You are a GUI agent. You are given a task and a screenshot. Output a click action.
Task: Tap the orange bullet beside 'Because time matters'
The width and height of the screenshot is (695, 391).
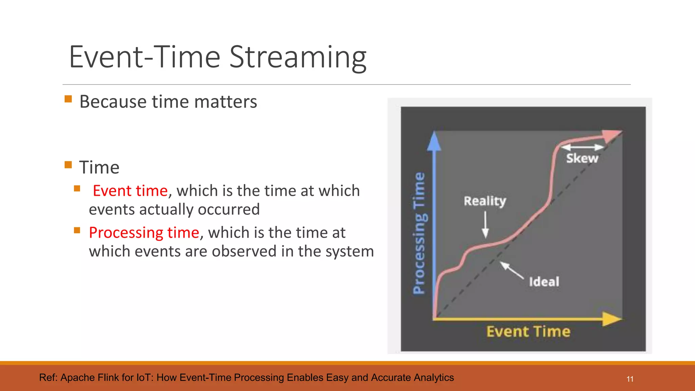pos(68,99)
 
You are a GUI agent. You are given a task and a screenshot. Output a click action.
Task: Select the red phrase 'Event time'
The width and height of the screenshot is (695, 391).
pos(130,191)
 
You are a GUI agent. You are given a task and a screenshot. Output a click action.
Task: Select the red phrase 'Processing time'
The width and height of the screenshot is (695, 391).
pos(144,233)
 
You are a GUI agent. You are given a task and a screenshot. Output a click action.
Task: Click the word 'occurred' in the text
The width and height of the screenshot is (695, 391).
pos(229,209)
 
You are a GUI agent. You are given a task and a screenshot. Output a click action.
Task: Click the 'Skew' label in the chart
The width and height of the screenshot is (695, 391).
pos(582,159)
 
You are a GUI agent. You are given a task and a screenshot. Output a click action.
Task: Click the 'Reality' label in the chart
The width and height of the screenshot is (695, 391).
pos(485,201)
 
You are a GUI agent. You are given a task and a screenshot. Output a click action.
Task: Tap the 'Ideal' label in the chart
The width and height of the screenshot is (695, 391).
pos(544,282)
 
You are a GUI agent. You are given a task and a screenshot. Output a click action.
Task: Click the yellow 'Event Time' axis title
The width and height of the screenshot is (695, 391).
pos(528,332)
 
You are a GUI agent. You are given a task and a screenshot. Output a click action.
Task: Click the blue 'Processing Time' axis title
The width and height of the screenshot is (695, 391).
pos(419,233)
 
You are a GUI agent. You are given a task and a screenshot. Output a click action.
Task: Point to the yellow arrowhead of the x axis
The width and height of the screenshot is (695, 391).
pos(612,319)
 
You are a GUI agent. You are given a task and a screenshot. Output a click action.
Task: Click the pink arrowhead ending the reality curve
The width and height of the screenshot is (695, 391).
pos(613,135)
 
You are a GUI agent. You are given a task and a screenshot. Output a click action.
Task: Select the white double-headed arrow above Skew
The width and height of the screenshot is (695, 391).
pos(582,147)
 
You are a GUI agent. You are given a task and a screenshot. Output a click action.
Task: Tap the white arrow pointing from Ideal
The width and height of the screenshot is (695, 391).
pos(512,271)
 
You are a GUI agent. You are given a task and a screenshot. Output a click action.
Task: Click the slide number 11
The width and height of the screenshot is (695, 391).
pos(630,379)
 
